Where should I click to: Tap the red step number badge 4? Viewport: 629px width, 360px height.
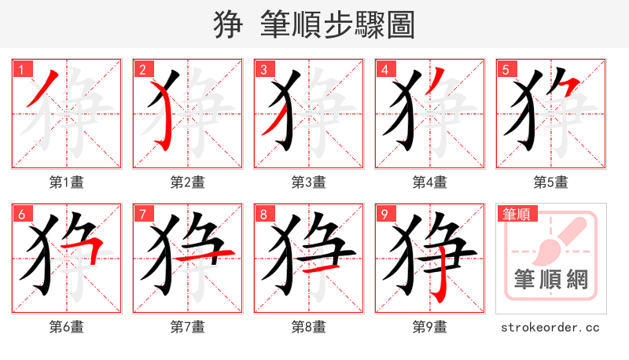click(385, 70)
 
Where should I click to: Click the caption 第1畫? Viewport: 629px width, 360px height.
click(67, 182)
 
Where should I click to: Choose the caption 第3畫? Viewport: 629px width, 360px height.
click(309, 182)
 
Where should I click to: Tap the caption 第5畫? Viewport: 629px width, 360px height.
click(551, 182)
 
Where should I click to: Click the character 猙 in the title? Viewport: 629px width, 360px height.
click(228, 25)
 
